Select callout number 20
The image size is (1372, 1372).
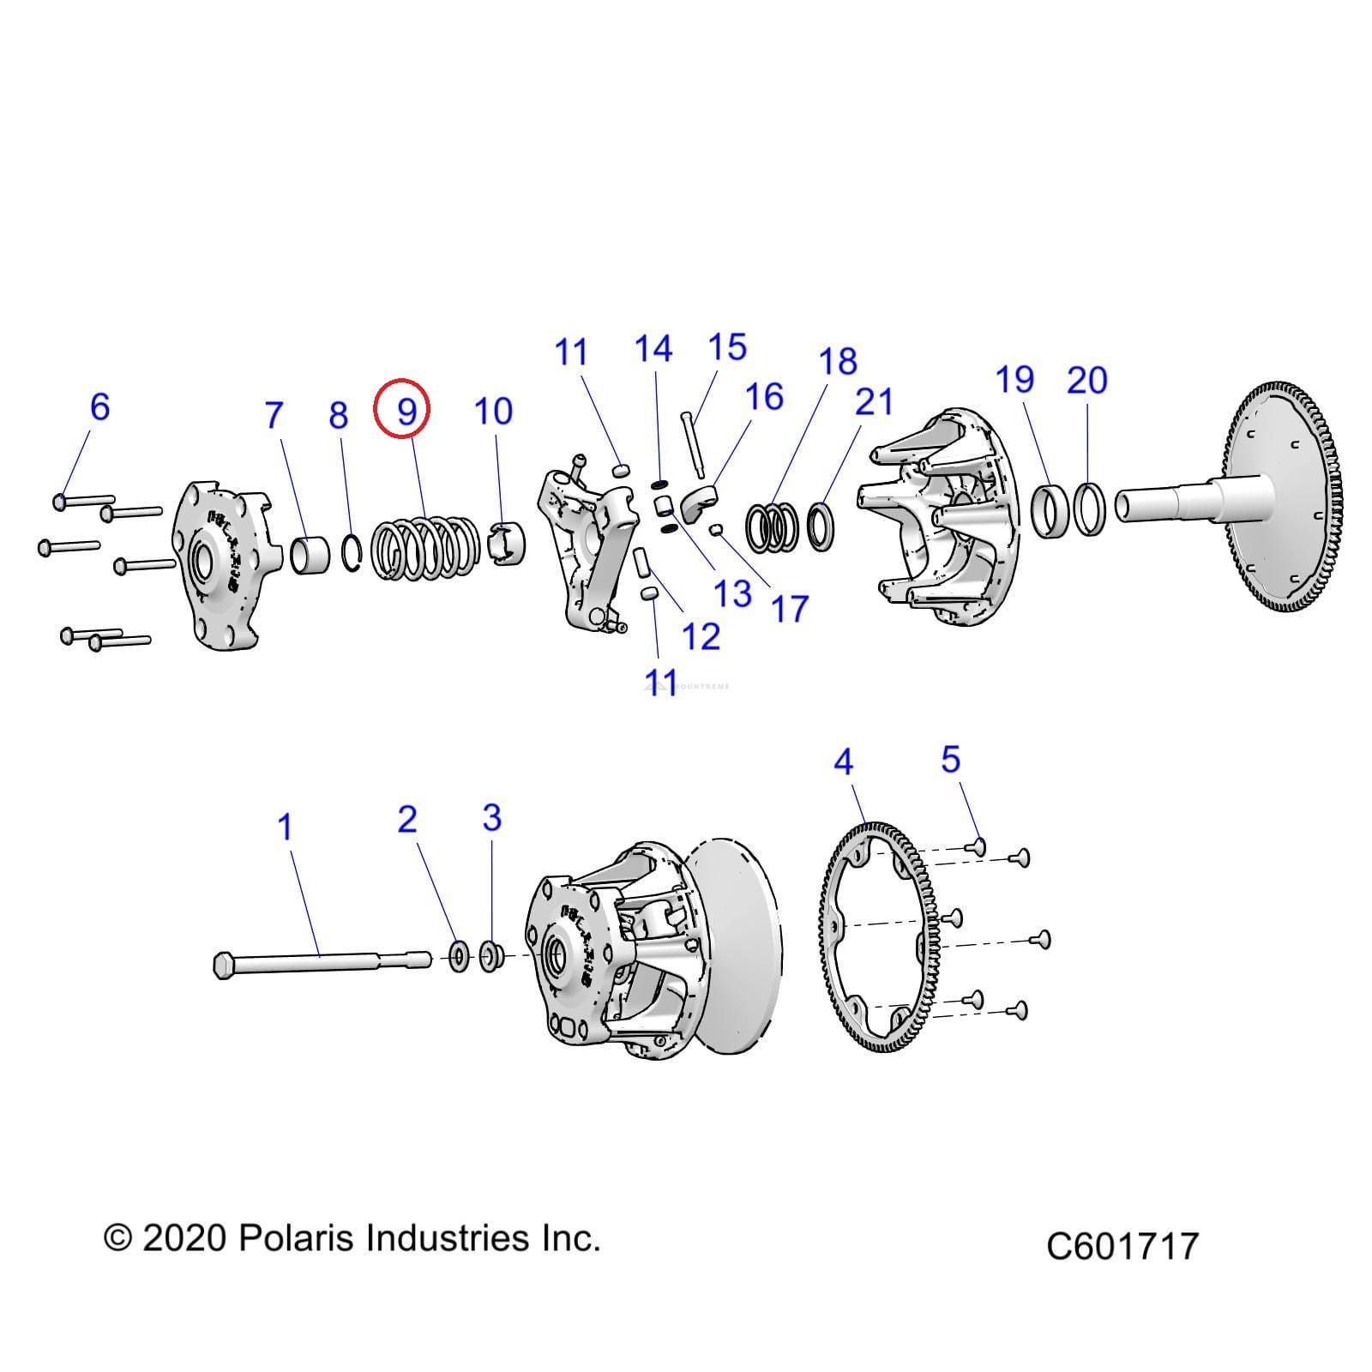1086,380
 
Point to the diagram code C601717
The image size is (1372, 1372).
1122,1245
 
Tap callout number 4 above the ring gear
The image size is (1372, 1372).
844,761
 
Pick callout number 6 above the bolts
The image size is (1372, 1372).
99,406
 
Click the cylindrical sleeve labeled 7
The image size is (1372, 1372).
311,553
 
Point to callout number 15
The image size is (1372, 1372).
727,347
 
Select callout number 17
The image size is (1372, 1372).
789,609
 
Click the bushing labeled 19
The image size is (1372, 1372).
1050,512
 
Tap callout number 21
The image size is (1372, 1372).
874,401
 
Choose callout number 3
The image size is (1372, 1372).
491,817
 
